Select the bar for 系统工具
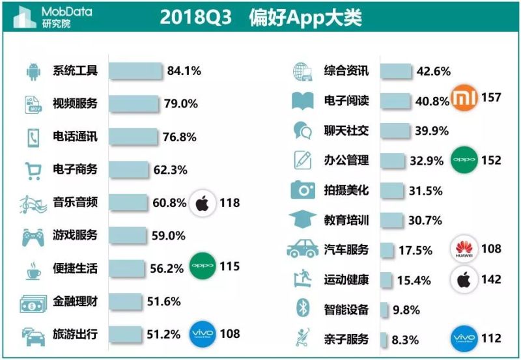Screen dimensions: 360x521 [x=135, y=70]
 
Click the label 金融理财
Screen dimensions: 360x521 [x=75, y=301]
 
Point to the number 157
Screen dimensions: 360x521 [x=492, y=98]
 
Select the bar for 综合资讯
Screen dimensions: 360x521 [x=395, y=71]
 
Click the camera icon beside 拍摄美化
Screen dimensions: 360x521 [x=303, y=190]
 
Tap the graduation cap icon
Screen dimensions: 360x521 [x=303, y=220]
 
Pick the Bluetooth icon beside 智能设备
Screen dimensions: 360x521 [x=302, y=308]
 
